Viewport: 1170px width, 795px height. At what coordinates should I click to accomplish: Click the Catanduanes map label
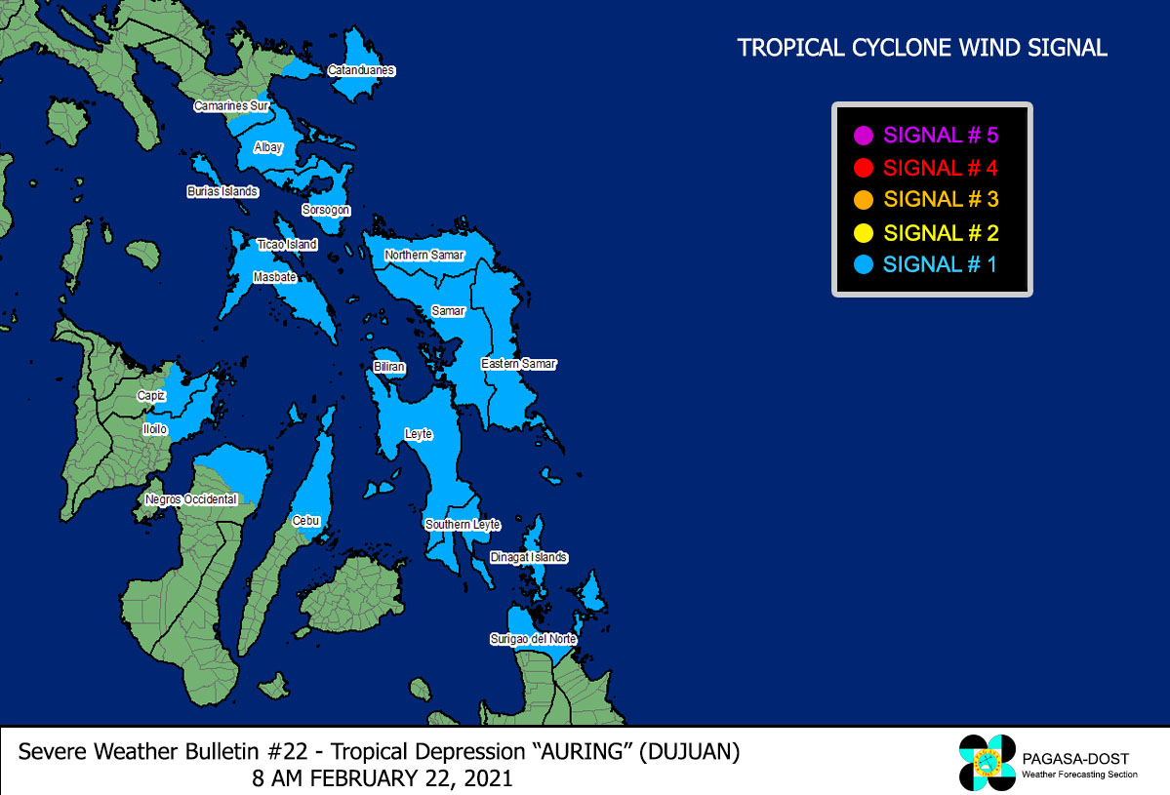tap(361, 70)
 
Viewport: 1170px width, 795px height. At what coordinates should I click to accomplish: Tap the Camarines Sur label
tap(231, 105)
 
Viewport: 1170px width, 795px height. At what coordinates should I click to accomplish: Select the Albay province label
tap(268, 147)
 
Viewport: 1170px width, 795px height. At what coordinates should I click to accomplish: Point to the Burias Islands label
tap(222, 192)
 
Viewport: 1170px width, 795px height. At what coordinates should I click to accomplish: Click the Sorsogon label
tap(326, 210)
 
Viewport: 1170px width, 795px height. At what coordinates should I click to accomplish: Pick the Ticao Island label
tap(287, 244)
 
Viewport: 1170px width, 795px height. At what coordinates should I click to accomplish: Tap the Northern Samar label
tap(424, 255)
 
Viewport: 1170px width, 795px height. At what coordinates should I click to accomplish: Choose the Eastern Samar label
tap(518, 364)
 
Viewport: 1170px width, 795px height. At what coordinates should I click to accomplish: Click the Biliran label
tap(389, 367)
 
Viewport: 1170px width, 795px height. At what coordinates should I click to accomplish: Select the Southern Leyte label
tap(463, 525)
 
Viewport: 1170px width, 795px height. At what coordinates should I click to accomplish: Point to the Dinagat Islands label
tap(529, 557)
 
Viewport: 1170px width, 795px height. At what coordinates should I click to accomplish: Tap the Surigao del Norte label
tap(533, 639)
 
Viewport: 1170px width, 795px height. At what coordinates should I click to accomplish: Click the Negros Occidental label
tap(191, 499)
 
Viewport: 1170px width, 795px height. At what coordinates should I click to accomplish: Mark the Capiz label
tap(151, 396)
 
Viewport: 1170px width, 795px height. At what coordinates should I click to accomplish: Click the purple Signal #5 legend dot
tap(863, 136)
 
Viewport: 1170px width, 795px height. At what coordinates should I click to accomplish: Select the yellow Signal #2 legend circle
tap(863, 233)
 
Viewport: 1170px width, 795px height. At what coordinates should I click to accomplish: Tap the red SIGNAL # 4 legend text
tap(940, 168)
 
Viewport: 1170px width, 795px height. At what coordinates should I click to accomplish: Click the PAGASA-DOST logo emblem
tap(988, 762)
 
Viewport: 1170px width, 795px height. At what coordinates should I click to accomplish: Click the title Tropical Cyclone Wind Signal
tap(922, 48)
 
